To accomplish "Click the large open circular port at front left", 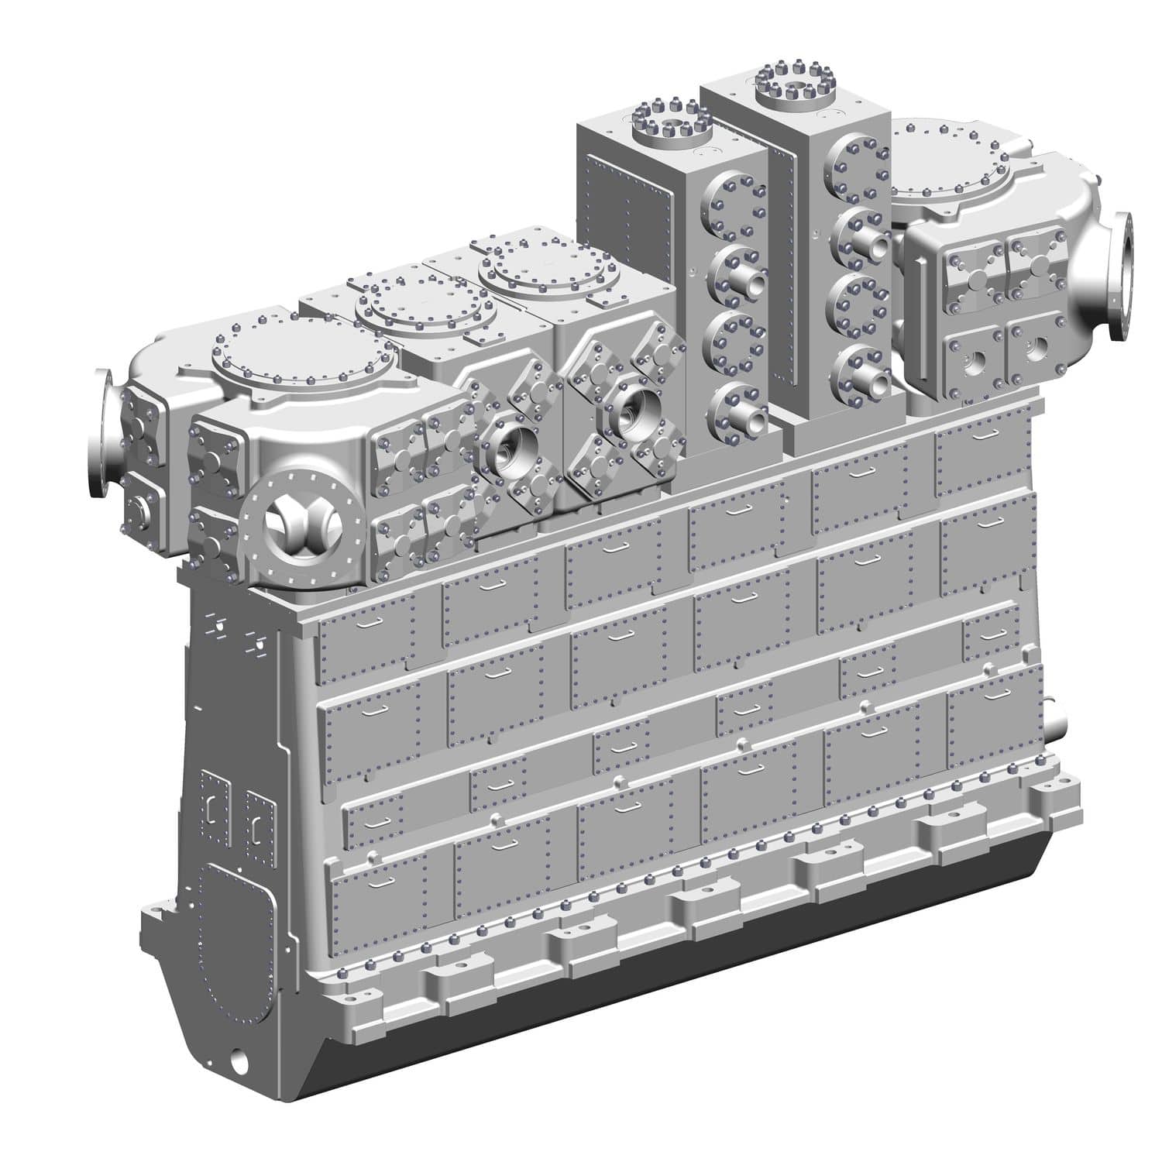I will (x=292, y=529).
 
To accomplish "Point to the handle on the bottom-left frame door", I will (x=383, y=882).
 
